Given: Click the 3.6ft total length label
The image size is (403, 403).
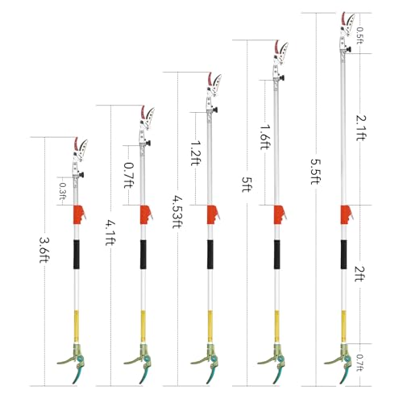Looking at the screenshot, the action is coord(44,250).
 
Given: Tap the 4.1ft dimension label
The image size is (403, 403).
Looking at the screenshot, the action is coord(110,233).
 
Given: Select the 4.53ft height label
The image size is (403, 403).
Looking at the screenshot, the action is coord(177,212).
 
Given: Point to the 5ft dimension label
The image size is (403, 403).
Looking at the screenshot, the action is coord(247,185).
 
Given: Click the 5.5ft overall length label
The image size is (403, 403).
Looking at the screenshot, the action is coord(315,172).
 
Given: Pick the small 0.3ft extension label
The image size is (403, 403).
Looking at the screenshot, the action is coord(62,192).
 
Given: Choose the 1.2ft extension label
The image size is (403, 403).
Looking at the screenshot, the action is coord(195,153).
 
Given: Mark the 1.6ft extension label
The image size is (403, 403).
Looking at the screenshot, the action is coord(264,137).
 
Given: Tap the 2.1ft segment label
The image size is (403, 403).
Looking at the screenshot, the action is coord(360,127).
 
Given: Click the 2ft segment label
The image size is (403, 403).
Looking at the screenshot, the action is coord(359,274).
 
